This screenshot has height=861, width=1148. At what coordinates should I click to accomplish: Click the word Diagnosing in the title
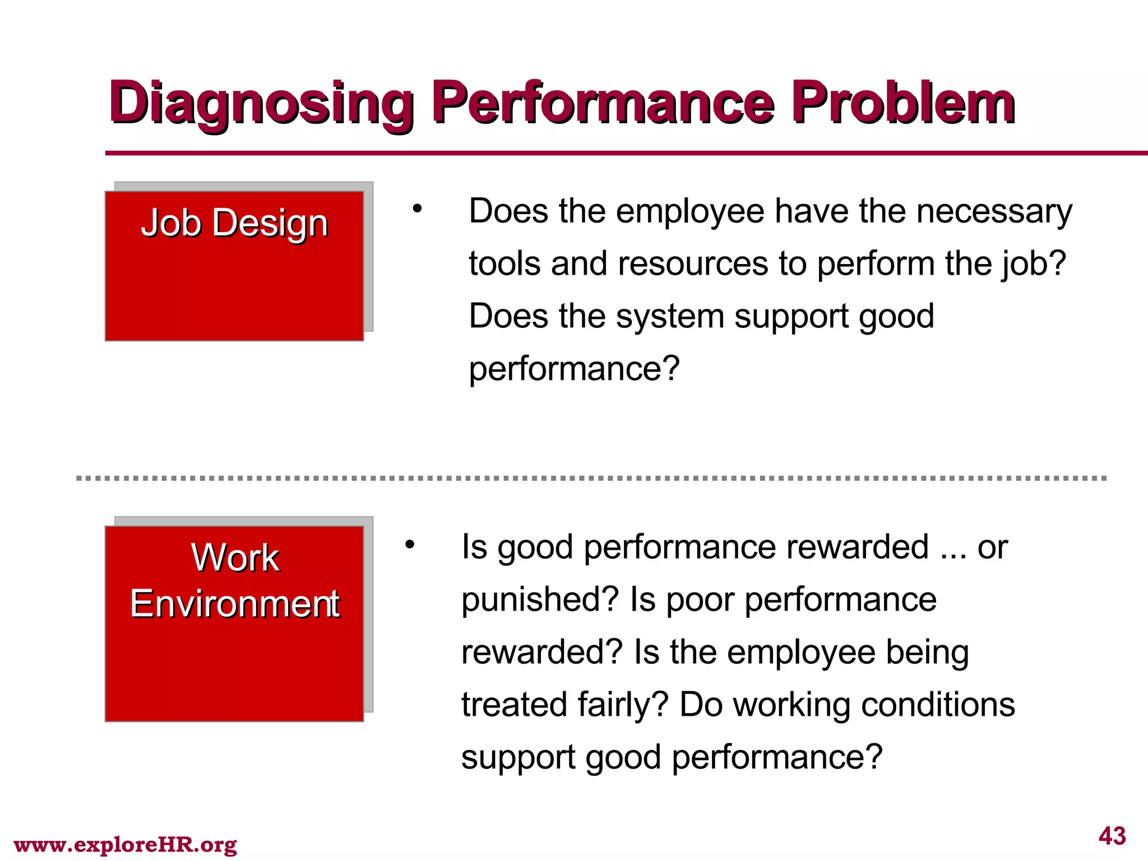[261, 104]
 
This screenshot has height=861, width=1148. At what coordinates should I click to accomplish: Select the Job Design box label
[234, 223]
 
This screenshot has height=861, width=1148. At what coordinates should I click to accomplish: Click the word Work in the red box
[235, 558]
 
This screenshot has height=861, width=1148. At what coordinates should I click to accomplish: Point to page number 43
[1112, 836]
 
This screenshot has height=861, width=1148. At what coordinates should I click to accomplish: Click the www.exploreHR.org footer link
[125, 844]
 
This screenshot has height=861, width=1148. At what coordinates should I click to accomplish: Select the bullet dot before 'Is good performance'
[410, 544]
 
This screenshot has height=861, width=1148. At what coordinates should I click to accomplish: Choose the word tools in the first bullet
[504, 263]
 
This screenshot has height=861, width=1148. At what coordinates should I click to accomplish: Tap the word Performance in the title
[604, 104]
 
